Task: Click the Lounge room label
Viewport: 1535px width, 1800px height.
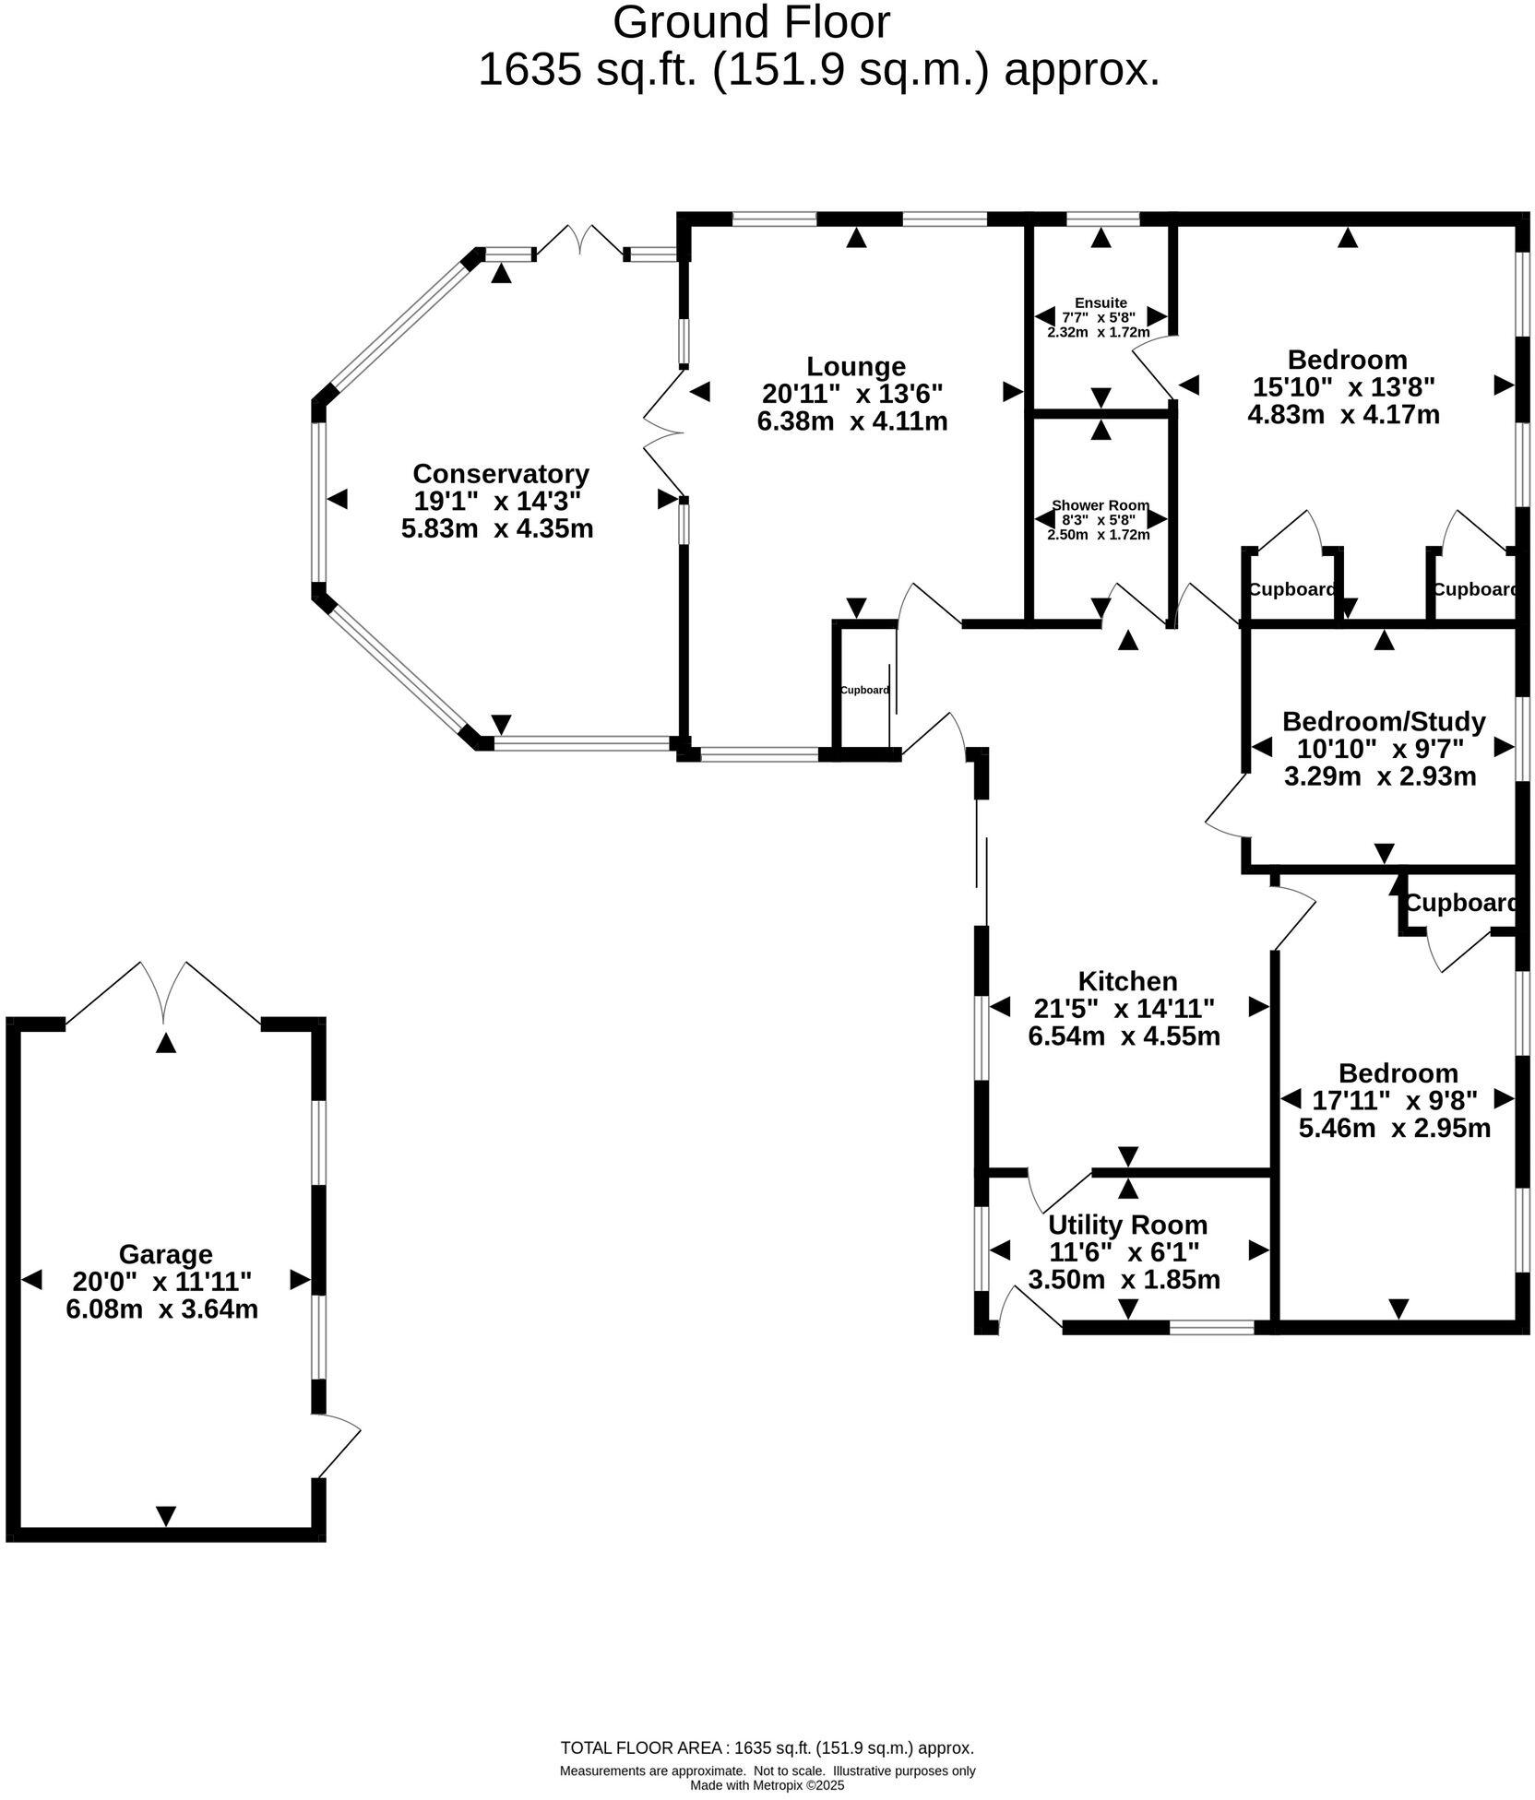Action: tap(855, 366)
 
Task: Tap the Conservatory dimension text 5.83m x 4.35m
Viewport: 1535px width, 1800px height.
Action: tap(497, 529)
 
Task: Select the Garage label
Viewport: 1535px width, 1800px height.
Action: tap(165, 1254)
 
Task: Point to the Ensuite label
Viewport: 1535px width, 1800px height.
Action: tap(1100, 302)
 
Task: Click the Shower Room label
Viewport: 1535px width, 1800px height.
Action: tap(1100, 505)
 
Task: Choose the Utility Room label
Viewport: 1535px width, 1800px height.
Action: tap(1127, 1225)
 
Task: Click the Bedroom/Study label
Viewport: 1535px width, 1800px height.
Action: tap(1383, 721)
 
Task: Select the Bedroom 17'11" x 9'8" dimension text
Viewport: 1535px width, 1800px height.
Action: tap(1394, 1100)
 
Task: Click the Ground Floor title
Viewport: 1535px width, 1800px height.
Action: tap(751, 23)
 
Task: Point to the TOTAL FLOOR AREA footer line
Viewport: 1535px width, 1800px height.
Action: tap(767, 1747)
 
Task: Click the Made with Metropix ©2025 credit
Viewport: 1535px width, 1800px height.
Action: tap(767, 1785)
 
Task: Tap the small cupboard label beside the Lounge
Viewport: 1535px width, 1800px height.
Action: tap(864, 690)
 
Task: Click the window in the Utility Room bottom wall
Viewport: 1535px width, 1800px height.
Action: tap(1211, 1327)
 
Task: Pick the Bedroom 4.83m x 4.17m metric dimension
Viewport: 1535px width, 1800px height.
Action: tap(1342, 414)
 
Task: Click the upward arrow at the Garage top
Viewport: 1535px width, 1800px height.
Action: tap(165, 1043)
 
